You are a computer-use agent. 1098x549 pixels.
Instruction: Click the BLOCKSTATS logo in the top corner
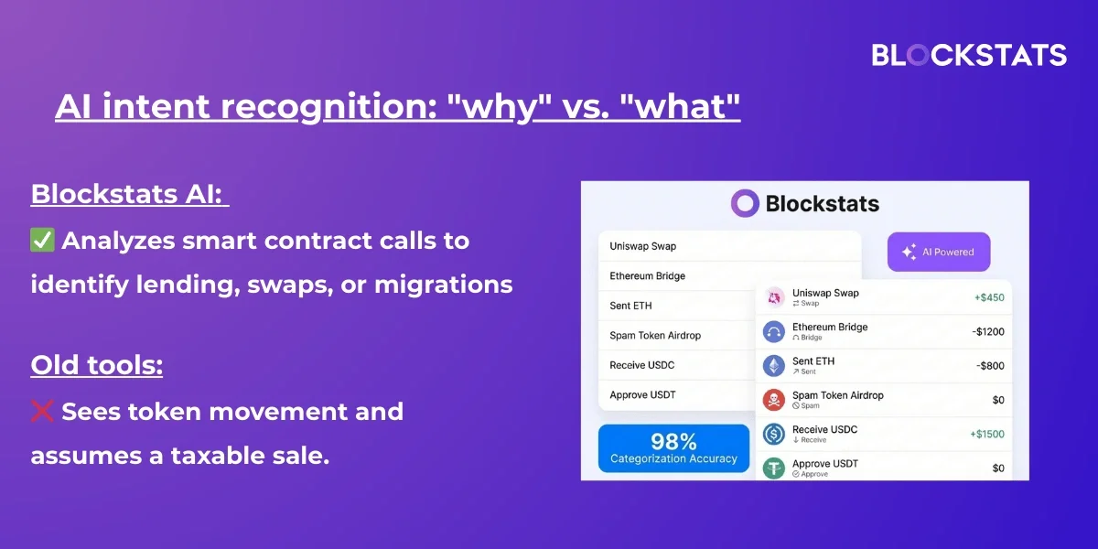(969, 54)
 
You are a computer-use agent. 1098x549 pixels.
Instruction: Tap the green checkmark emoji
(42, 240)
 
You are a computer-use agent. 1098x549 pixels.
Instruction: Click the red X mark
(42, 411)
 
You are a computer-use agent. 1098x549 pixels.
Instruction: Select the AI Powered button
(939, 252)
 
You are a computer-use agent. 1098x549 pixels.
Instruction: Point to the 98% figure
(673, 442)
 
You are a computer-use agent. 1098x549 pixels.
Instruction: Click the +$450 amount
(989, 297)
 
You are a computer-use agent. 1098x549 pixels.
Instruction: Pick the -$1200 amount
(988, 332)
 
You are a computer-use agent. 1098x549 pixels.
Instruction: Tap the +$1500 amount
(987, 434)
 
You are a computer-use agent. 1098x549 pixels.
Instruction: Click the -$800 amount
(990, 366)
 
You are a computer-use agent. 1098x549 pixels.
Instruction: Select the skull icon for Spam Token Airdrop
(774, 400)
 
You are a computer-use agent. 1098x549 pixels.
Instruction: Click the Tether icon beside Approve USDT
(774, 468)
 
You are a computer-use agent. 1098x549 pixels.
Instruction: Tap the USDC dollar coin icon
(774, 434)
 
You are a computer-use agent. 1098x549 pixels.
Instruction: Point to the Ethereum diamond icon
(774, 366)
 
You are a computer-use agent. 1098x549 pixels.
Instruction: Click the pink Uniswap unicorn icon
(774, 297)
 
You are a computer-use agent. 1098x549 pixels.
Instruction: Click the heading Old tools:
(97, 365)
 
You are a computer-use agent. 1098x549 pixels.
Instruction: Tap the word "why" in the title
(500, 106)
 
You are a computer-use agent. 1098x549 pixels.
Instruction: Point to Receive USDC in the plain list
(641, 365)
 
